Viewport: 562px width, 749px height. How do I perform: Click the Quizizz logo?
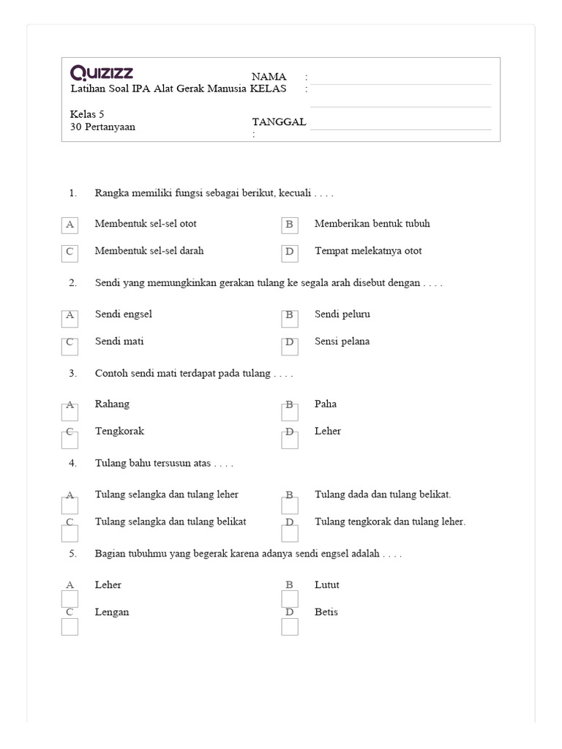tap(102, 72)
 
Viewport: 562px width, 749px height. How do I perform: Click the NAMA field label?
tap(269, 77)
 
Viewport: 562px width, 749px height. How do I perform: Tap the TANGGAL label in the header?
tap(279, 121)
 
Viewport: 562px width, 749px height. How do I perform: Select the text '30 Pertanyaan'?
tap(102, 127)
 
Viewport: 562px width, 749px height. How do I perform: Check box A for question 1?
tap(70, 225)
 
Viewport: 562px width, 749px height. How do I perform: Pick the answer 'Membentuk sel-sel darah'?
tap(149, 251)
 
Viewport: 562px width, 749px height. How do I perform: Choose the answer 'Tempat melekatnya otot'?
tap(368, 251)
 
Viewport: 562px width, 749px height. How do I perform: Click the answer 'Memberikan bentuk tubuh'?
tap(372, 224)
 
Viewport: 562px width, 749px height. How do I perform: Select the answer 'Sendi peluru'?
tap(342, 315)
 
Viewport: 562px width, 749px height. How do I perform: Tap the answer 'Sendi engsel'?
tap(124, 315)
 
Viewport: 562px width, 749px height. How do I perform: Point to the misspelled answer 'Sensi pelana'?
tap(342, 342)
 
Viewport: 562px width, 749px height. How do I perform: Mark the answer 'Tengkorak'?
tap(119, 432)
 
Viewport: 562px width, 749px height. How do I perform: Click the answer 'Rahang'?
tap(112, 404)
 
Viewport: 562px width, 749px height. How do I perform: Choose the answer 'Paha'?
tap(326, 404)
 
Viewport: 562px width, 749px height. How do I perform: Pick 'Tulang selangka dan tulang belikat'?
tap(171, 522)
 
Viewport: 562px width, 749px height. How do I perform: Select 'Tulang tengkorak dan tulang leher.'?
tap(390, 522)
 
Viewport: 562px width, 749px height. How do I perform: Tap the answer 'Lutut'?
tap(327, 585)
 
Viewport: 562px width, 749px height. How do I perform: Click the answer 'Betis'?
tap(326, 612)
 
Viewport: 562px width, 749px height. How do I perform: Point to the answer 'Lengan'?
tap(112, 612)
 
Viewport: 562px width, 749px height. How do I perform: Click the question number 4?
tap(72, 463)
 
